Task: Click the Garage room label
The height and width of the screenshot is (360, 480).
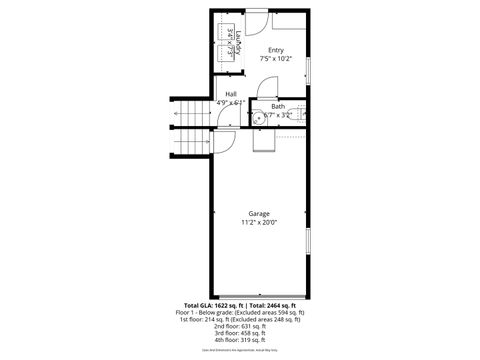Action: click(x=258, y=214)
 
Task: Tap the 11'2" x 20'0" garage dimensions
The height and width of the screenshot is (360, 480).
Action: click(x=258, y=223)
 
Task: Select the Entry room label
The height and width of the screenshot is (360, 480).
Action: click(x=274, y=50)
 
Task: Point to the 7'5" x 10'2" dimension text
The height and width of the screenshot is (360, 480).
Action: click(x=274, y=59)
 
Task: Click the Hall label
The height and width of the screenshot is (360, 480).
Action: click(x=231, y=94)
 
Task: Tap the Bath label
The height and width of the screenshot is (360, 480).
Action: click(x=277, y=106)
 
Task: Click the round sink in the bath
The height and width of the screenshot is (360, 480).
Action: click(x=259, y=118)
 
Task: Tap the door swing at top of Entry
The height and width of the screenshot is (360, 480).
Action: click(x=256, y=22)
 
